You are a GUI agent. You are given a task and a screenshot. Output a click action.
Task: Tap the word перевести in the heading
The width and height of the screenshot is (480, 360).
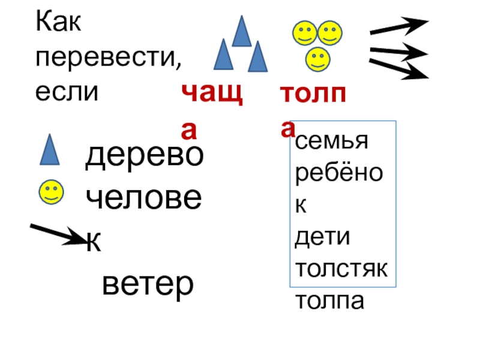pos(109,59)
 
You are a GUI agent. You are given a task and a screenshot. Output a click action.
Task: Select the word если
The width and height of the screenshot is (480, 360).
pos(66,92)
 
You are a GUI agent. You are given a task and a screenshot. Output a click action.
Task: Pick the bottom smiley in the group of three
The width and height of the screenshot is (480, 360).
pos(317,59)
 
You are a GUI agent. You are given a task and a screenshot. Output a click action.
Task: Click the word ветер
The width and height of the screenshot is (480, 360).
pos(148,284)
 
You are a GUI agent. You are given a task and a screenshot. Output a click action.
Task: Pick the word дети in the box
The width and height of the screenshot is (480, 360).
pos(322,238)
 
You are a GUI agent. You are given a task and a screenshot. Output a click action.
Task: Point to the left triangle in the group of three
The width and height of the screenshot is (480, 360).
pos(223,55)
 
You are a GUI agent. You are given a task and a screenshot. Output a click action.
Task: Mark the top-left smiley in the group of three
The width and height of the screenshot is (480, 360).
pos(304,34)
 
